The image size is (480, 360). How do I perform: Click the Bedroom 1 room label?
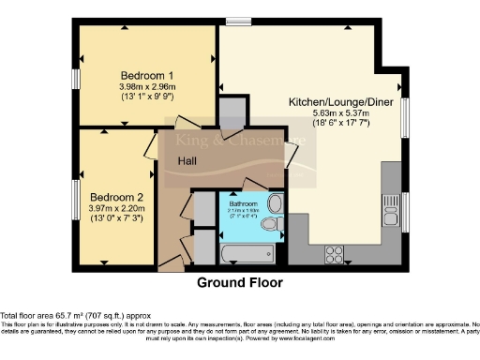142,74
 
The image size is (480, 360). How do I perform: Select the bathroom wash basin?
274,203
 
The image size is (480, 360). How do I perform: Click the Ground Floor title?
239,281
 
